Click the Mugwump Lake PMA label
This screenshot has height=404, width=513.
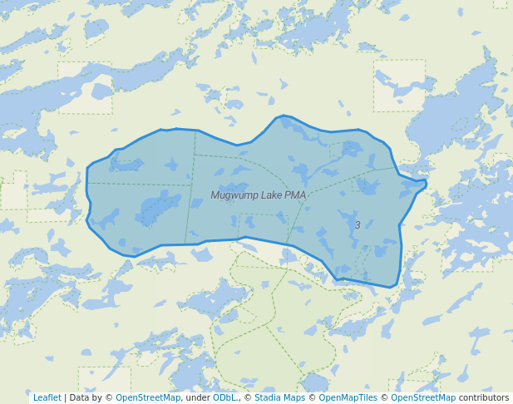258,195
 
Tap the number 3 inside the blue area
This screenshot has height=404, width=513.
358,225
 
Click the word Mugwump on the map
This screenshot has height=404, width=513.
234,195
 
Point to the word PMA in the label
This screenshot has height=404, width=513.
295,195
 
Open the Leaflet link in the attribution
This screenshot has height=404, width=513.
47,398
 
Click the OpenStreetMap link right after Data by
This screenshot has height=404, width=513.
148,398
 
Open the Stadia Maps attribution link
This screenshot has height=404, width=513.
280,398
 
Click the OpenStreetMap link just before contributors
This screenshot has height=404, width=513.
423,398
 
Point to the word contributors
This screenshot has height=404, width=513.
484,398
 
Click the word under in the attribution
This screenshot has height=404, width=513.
197,398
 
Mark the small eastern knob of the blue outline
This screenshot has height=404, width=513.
423,184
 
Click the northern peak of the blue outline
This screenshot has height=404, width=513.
284,116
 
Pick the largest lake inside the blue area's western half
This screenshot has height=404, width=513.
158,207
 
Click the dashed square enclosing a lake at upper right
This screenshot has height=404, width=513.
399,85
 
